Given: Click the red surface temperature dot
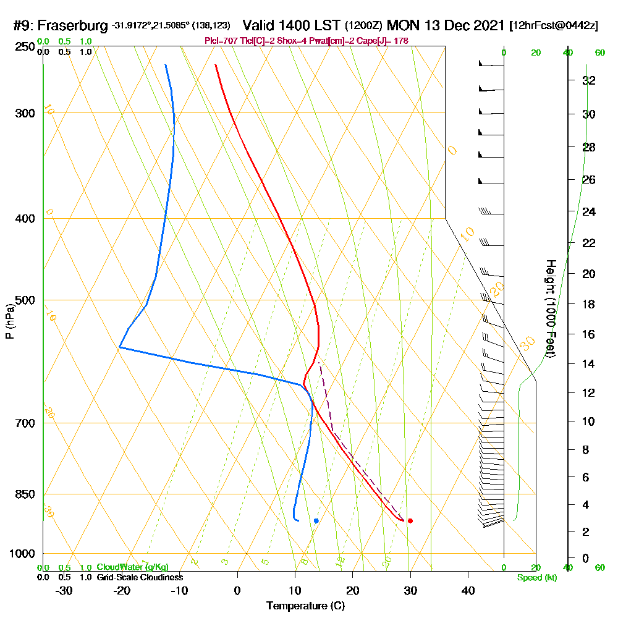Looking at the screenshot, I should click(410, 521).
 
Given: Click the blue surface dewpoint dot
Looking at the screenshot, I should click(316, 521).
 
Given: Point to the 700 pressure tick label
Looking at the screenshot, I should click(23, 423).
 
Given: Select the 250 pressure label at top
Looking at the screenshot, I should click(23, 48).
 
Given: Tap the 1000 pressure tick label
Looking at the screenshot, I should click(20, 554).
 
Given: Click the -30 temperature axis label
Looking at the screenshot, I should click(64, 590).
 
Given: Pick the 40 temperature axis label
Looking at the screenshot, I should click(468, 590).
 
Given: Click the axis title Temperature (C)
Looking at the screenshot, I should click(305, 606).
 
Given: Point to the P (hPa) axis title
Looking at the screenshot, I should click(9, 321).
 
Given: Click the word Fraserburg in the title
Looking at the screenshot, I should click(74, 26).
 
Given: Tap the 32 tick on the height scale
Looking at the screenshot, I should click(589, 80).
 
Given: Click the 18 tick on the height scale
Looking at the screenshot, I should click(589, 304).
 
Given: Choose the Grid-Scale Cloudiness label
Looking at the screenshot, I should click(139, 577).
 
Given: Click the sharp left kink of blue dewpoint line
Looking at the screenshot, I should click(119, 347).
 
